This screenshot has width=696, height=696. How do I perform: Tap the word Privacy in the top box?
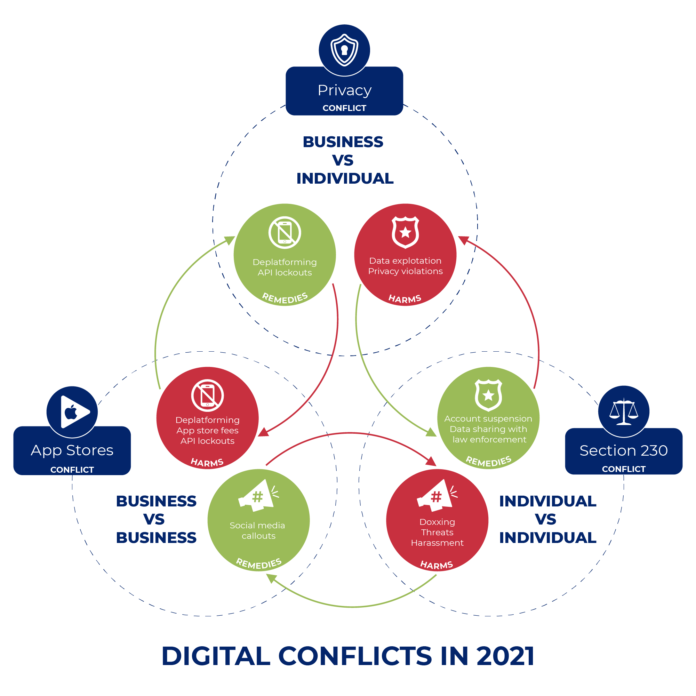pyautogui.click(x=344, y=90)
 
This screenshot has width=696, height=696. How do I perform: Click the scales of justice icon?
pyautogui.click(x=624, y=412)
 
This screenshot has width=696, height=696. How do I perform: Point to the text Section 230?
pyautogui.click(x=624, y=451)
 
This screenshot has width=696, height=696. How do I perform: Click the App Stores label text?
pyautogui.click(x=72, y=450)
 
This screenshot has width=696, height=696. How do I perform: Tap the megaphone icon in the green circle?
pyautogui.click(x=258, y=496)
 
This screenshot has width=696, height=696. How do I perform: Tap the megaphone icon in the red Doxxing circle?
pyautogui.click(x=437, y=496)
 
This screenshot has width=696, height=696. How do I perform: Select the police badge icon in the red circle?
pyautogui.click(x=405, y=232)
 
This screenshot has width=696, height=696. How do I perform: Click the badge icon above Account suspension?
pyautogui.click(x=488, y=395)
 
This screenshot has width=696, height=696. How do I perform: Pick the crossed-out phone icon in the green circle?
pyautogui.click(x=285, y=232)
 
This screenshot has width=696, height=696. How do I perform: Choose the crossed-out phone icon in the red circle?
pyautogui.click(x=208, y=395)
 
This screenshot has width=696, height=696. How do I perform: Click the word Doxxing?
pyautogui.click(x=437, y=522)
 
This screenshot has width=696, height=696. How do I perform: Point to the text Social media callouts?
pyautogui.click(x=258, y=531)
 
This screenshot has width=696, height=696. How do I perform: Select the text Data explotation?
pyautogui.click(x=405, y=261)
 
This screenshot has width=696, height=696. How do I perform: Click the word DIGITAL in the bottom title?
pyautogui.click(x=216, y=656)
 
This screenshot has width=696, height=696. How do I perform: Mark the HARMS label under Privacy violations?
pyautogui.click(x=405, y=299)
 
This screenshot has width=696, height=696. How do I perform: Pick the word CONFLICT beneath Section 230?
pyautogui.click(x=624, y=469)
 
